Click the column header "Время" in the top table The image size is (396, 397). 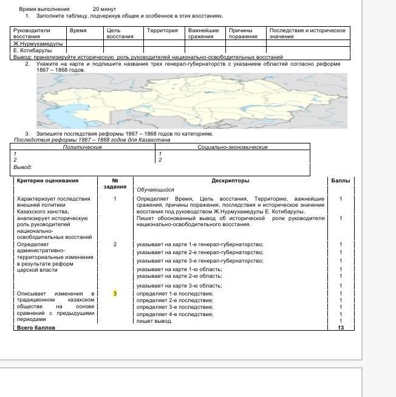(78, 30)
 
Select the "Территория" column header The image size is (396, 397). (163, 30)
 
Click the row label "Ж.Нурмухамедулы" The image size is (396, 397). (38, 44)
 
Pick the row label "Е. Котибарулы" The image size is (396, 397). (34, 50)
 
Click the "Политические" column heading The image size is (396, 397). (83, 147)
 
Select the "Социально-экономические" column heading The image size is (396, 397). (233, 147)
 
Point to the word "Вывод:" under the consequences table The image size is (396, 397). (23, 167)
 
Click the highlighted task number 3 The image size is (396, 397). (115, 294)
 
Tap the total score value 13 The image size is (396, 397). (341, 328)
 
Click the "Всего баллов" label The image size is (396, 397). (36, 328)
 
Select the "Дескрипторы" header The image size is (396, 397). (230, 181)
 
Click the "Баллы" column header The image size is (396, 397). (340, 181)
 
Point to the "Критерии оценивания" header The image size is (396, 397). (48, 181)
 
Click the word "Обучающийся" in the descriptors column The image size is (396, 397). (155, 190)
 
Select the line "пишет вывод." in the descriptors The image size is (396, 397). (154, 321)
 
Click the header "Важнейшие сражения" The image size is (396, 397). (203, 33)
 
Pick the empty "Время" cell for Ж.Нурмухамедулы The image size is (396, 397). (81, 44)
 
